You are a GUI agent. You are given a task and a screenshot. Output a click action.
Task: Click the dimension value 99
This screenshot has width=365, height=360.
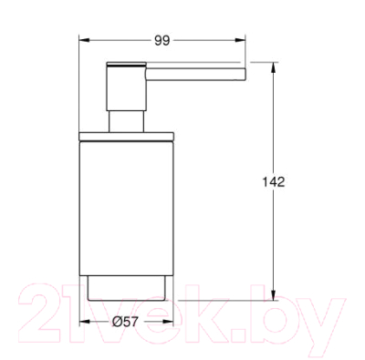[x=162, y=40]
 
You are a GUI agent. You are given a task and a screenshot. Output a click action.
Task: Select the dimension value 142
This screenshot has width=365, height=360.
[x=274, y=182]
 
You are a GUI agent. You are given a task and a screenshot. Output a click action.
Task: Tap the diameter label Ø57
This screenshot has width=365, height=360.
[x=125, y=321]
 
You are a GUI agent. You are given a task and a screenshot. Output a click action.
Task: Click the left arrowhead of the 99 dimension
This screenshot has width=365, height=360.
[x=84, y=40]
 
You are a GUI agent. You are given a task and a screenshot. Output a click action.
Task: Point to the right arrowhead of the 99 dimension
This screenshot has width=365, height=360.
[x=240, y=40]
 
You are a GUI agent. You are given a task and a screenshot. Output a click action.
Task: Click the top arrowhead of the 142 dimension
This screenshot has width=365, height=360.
[x=274, y=67]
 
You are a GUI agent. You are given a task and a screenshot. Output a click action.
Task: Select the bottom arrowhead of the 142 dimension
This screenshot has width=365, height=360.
[x=274, y=295]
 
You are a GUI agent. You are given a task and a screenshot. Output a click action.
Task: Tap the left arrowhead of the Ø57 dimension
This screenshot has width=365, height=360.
[x=85, y=321]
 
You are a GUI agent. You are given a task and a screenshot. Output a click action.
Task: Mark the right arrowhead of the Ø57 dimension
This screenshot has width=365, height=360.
[x=168, y=321]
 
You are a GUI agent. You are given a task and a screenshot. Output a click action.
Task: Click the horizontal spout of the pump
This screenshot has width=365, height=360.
[x=196, y=75]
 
